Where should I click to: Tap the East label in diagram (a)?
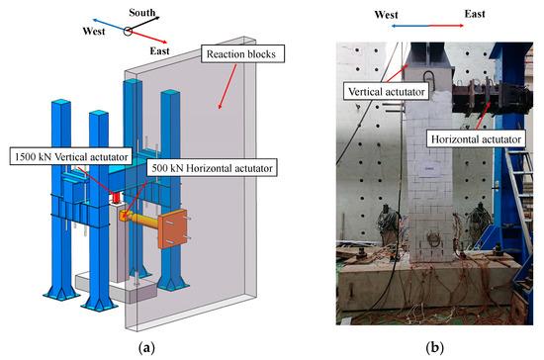pos(153,49)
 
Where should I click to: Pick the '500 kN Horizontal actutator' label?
pos(214,168)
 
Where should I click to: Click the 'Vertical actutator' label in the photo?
pos(384,91)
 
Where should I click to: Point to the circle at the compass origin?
pos(128,31)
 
